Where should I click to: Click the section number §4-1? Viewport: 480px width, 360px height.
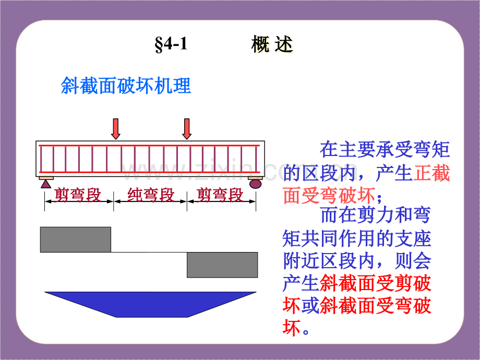pos(171,44)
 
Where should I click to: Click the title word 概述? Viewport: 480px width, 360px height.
pos(272,44)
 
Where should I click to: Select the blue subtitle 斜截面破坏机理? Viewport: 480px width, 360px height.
pos(126,86)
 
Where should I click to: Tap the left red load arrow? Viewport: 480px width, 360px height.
pos(116,129)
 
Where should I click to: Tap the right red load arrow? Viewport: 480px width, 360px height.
pos(187,129)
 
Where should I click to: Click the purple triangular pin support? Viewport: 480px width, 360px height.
pos(46,184)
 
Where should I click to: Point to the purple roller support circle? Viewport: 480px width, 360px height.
pos(255,184)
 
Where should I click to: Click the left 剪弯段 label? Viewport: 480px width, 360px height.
pos(78,195)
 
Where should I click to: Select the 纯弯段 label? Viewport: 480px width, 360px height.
pos(151,195)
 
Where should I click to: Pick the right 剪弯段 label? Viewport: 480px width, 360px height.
pos(220,195)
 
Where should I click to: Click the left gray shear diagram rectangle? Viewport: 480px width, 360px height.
pos(76,239)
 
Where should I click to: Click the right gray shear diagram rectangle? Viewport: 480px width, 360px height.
pos(222,265)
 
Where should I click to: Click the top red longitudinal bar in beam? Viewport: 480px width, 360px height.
pos(149,146)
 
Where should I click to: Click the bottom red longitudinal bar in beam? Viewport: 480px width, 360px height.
pos(149,172)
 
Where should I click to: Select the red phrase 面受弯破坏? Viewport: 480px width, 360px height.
pos(329,195)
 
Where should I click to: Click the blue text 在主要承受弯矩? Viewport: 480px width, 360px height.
pos(385,150)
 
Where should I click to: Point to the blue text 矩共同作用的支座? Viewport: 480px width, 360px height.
pos(357,239)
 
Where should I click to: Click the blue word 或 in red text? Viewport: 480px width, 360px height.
pos(310,306)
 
